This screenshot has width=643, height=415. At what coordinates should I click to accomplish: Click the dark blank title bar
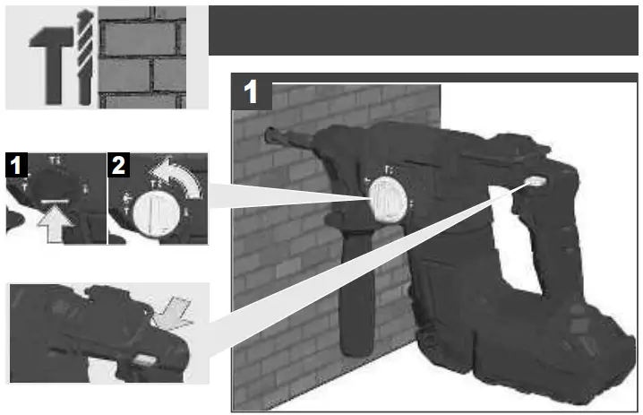pos(425,30)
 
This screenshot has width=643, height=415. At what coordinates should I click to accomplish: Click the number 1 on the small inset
pos(15,164)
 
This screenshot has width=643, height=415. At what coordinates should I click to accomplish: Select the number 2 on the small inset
pos(118,164)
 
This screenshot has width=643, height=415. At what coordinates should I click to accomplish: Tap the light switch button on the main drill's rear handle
pos(536,181)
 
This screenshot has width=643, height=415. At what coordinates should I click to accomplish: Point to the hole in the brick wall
pos(269,137)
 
